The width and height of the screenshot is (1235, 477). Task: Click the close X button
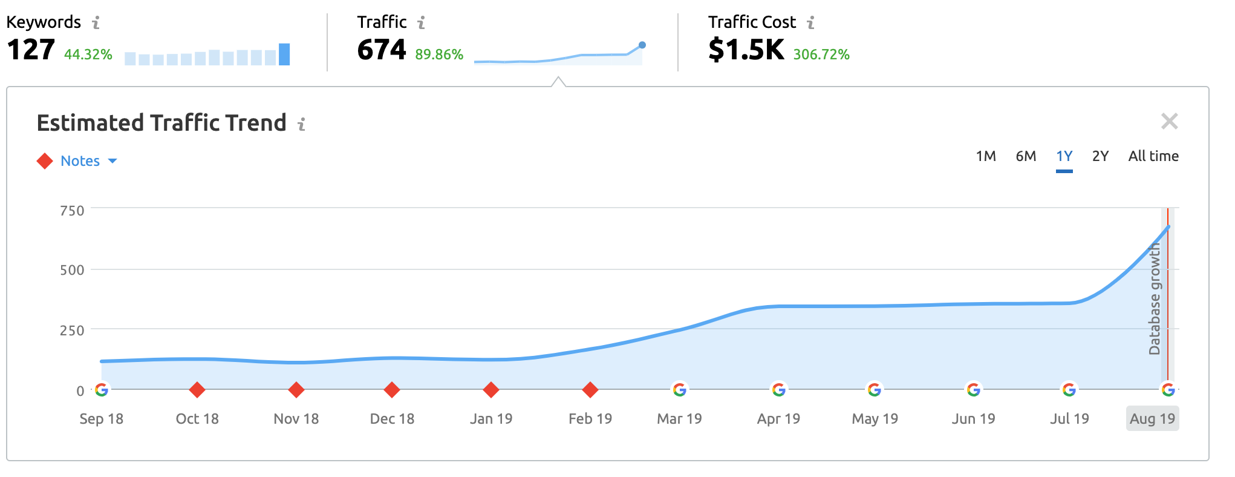tap(1169, 122)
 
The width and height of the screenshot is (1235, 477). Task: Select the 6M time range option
tap(1026, 156)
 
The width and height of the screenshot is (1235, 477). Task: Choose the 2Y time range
tap(1100, 156)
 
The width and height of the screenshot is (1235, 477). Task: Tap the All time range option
tap(1153, 156)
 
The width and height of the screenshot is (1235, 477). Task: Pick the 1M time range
tap(986, 156)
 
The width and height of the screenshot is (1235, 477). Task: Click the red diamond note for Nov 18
tap(296, 390)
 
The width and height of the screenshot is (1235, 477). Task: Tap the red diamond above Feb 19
tap(590, 390)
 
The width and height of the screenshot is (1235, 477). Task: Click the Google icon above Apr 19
tap(778, 390)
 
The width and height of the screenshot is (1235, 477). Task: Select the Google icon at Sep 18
tap(102, 390)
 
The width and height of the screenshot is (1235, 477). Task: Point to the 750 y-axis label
tap(72, 211)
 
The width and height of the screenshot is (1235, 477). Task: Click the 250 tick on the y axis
tap(72, 331)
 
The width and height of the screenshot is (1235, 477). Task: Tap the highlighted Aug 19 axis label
tap(1152, 419)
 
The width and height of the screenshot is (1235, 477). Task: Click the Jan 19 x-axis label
tap(491, 419)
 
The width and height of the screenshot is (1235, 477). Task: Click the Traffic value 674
tap(382, 50)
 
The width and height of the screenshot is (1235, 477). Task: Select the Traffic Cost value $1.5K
tap(746, 50)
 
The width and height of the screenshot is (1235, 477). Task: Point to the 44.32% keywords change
tap(88, 54)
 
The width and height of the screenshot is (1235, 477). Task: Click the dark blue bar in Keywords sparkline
tap(284, 54)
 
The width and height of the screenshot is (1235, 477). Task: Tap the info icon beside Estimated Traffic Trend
tap(302, 124)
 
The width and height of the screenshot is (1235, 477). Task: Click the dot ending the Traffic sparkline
tap(642, 45)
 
